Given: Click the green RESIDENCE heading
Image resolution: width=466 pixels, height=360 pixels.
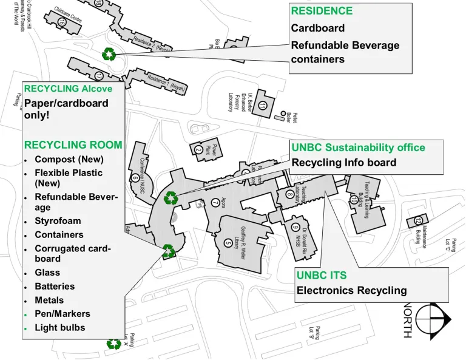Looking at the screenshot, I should [x=322, y=11].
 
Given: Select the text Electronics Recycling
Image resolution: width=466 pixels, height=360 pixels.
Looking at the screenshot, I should [x=351, y=290].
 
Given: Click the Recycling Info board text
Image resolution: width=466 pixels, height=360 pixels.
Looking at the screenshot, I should [x=344, y=162].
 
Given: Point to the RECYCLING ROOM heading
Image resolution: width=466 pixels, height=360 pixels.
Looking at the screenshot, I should [x=73, y=145].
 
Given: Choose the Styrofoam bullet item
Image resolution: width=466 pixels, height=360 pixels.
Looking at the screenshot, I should [x=58, y=221].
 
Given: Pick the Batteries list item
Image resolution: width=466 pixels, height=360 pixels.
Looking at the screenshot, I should [x=55, y=286].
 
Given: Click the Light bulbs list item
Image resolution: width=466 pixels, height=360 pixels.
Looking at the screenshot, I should [x=59, y=327].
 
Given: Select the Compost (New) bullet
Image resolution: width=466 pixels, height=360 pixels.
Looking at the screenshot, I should [x=69, y=159].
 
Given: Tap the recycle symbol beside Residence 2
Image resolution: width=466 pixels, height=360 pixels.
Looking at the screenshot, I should [x=109, y=54].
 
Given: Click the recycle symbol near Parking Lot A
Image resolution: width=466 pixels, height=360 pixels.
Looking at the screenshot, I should [x=113, y=344].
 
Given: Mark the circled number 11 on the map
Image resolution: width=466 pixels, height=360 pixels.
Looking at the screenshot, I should [x=262, y=104].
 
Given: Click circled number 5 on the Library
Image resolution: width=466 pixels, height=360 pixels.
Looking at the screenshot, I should [x=228, y=242].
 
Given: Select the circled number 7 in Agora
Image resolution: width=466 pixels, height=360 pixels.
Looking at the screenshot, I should [x=215, y=202].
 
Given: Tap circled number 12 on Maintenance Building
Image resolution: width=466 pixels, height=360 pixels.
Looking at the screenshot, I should [x=417, y=220].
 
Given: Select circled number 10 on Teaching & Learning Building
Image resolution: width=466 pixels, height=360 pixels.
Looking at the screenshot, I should [x=354, y=200].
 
